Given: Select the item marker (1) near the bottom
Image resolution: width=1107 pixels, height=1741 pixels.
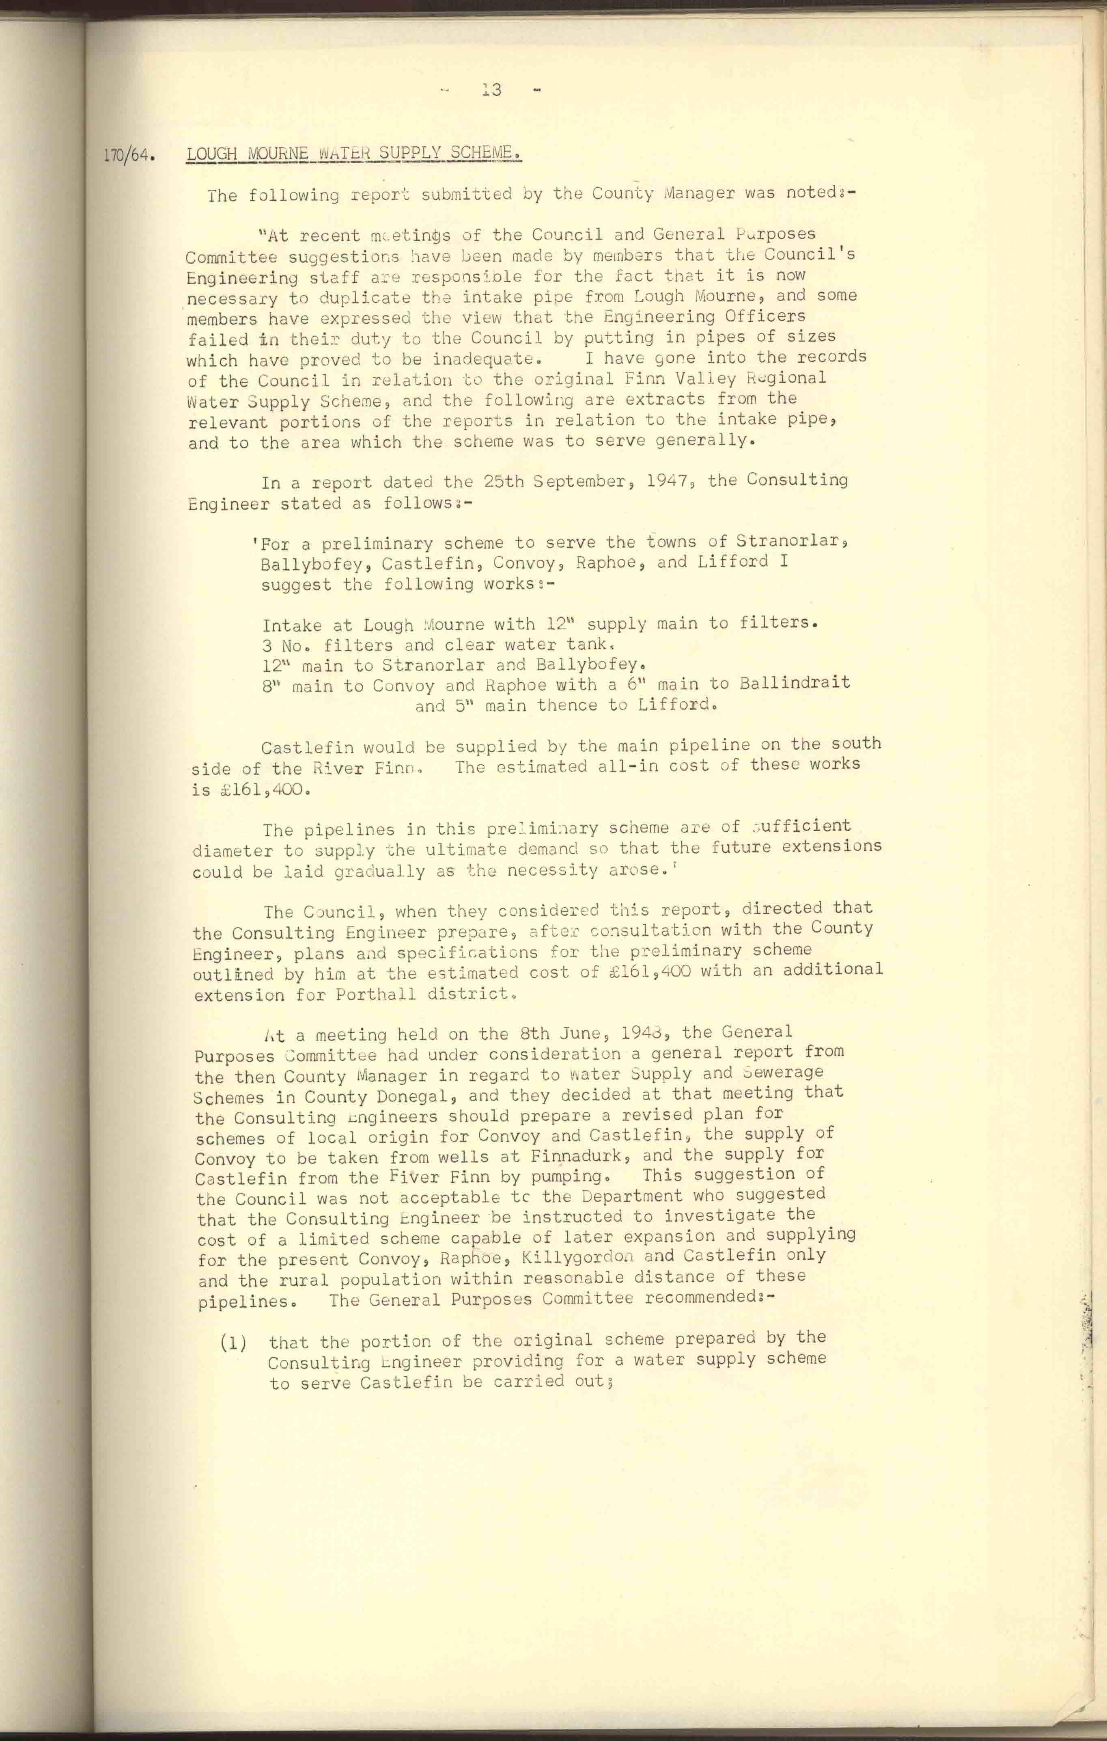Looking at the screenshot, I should pos(233,1343).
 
